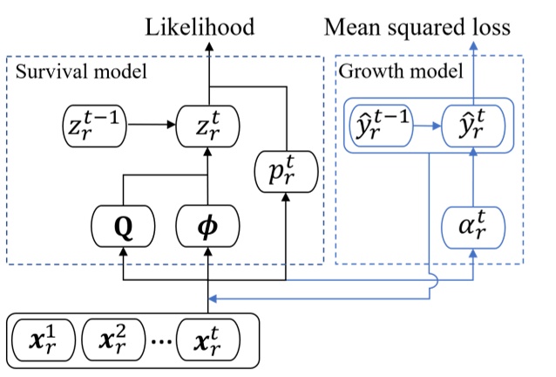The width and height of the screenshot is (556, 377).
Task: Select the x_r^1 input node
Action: (43, 339)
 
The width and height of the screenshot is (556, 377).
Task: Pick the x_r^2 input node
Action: (114, 339)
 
